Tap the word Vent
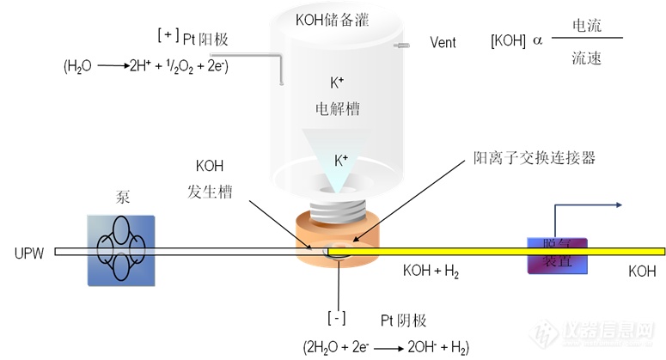443,42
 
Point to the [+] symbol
167,35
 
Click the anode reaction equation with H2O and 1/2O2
145,65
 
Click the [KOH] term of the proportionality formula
509,42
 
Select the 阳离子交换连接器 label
534,158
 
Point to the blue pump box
120,249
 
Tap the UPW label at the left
28,253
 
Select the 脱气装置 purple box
550,255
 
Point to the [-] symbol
337,316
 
